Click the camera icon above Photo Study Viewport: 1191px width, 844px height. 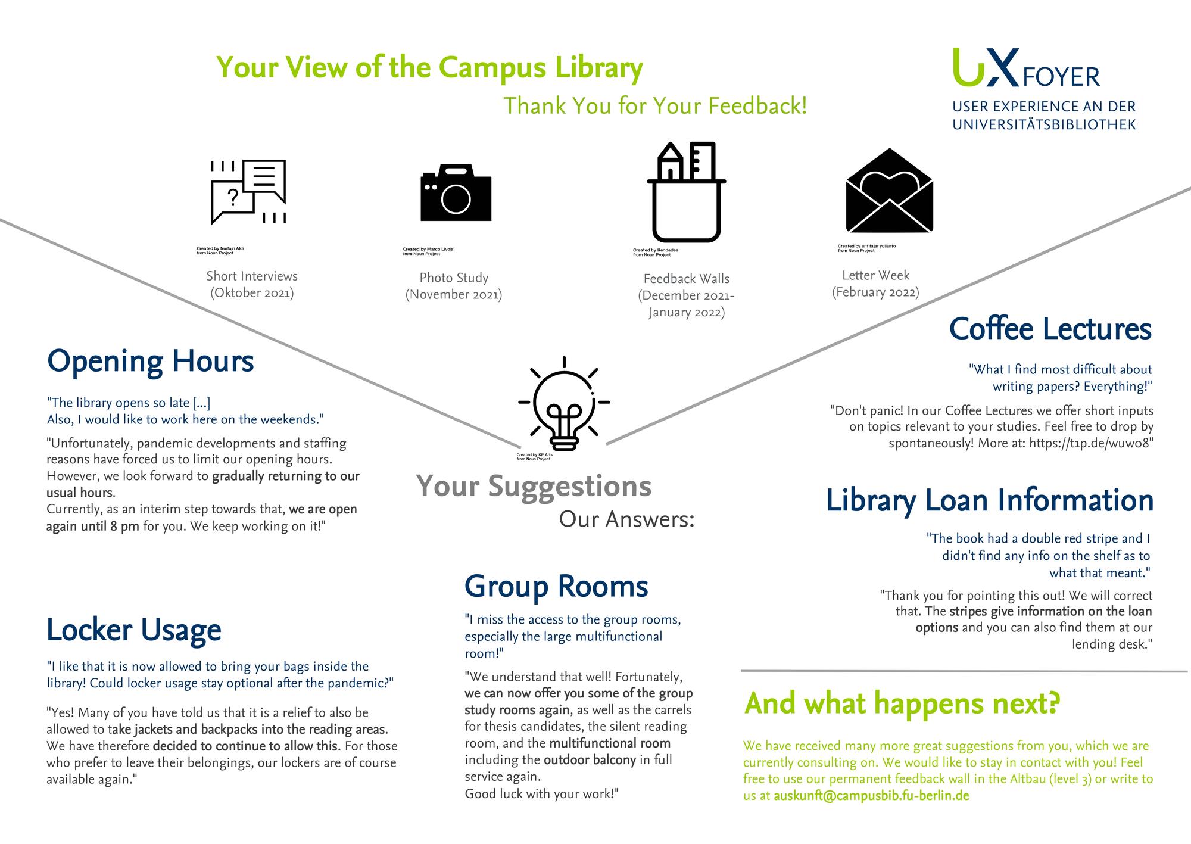click(x=456, y=192)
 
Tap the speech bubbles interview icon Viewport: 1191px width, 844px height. click(x=248, y=192)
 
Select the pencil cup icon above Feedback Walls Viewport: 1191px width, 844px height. click(x=687, y=192)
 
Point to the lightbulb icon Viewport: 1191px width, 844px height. click(x=564, y=405)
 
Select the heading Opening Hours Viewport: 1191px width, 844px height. click(x=150, y=362)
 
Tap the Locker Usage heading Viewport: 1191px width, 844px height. click(x=133, y=630)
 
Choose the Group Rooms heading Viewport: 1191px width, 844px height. click(x=556, y=586)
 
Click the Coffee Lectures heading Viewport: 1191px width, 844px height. click(x=1050, y=329)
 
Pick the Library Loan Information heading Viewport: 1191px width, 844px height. click(x=989, y=500)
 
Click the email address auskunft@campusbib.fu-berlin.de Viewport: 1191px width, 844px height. click(x=871, y=796)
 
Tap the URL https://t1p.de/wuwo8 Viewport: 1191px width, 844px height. click(x=1091, y=443)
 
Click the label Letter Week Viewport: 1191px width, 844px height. click(x=875, y=275)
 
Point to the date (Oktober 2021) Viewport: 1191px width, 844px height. click(x=252, y=293)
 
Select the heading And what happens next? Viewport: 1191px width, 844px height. click(x=902, y=703)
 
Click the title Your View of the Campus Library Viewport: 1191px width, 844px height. click(x=429, y=67)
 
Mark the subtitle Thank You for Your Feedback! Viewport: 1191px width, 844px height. click(x=655, y=106)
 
